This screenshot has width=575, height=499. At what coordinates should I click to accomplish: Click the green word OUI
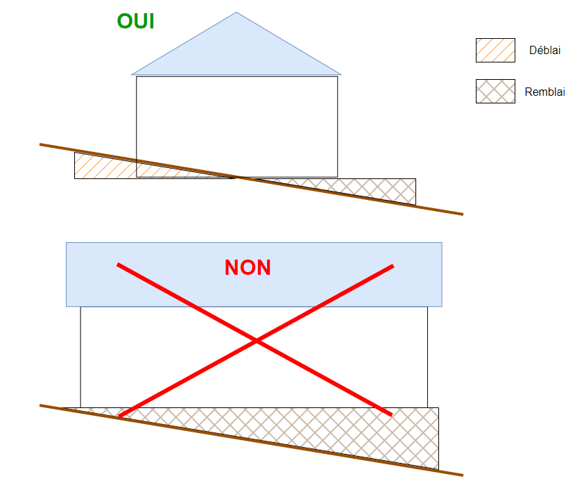[x=135, y=21]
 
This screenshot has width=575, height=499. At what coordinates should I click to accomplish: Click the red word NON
[x=248, y=268]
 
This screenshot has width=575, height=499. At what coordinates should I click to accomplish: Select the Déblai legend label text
[x=544, y=51]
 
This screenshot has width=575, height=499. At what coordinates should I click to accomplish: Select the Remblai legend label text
[x=544, y=92]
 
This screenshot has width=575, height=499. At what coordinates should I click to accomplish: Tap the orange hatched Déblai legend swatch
[x=495, y=51]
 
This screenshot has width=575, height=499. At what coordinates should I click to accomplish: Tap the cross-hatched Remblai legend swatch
[x=495, y=91]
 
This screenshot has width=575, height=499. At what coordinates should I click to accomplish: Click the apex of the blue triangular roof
[x=237, y=12]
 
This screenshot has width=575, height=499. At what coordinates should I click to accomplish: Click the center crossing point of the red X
[x=256, y=341]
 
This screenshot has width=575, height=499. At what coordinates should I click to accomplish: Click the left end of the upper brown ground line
[x=41, y=144]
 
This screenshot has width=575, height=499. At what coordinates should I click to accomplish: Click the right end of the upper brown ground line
[x=461, y=214]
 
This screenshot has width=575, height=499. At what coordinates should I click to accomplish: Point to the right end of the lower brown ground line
[x=461, y=475]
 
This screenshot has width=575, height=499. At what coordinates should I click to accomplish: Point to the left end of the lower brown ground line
[x=41, y=405]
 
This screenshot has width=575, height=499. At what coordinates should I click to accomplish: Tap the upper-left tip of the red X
[x=119, y=264]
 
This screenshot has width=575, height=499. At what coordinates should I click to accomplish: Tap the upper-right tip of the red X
[x=393, y=266]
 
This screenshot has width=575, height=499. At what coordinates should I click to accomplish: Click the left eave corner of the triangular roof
[x=132, y=74]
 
